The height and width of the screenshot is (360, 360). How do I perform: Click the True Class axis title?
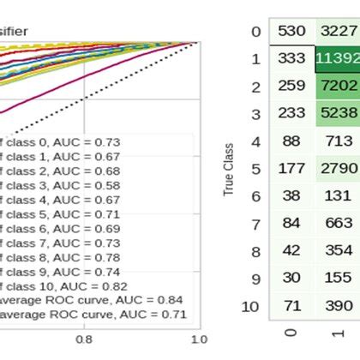[x=229, y=177]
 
